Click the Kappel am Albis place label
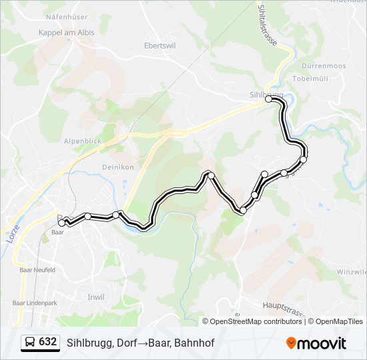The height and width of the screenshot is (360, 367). click(x=66, y=32)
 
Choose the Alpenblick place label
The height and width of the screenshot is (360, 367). click(x=82, y=141)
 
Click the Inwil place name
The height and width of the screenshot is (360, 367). click(x=96, y=297)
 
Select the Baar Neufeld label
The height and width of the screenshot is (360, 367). click(x=38, y=270)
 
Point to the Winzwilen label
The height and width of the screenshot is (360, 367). click(x=352, y=272)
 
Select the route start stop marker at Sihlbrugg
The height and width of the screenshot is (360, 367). click(x=269, y=99)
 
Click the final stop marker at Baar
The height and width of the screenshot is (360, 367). click(x=62, y=223)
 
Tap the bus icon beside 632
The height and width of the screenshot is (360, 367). click(x=30, y=342)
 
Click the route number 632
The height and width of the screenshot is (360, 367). click(x=48, y=342)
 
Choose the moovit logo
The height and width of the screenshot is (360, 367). click(x=316, y=343)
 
